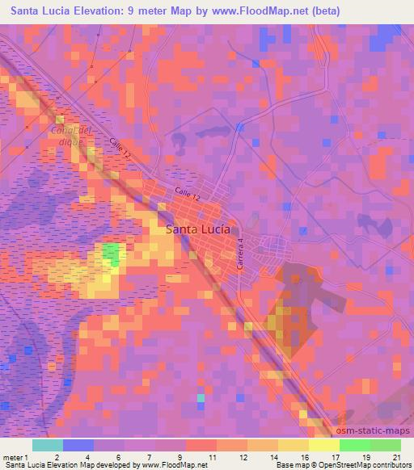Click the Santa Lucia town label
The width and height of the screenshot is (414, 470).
click(198, 229)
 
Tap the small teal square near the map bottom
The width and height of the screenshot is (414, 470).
click(201, 397)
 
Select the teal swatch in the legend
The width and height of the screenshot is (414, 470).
click(47, 445)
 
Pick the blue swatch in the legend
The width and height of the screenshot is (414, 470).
click(78, 445)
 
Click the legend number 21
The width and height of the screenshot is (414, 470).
click(396, 457)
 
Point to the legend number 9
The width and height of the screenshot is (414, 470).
click(180, 457)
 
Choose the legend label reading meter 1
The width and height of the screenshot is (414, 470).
click(17, 457)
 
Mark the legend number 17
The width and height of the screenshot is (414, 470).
click(336, 457)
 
